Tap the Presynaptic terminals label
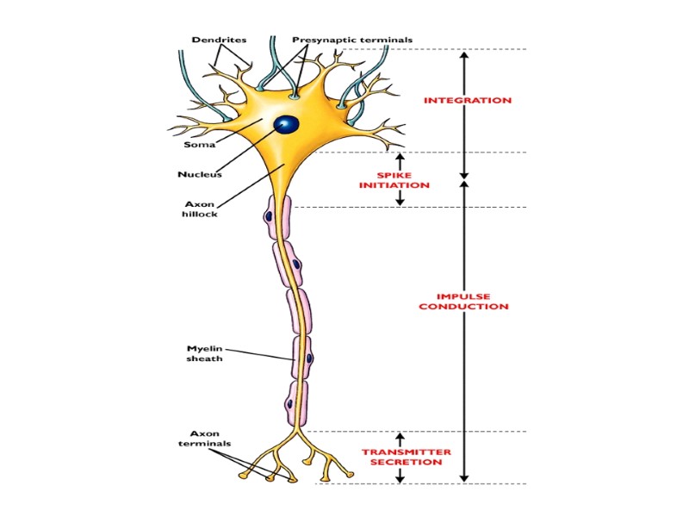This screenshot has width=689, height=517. click(351, 40)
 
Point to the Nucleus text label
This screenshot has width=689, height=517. click(200, 174)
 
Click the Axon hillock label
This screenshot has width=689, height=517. click(200, 209)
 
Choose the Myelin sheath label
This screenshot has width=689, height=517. click(205, 353)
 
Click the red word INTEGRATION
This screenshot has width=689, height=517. click(468, 101)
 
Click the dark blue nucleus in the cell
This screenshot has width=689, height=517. click(287, 125)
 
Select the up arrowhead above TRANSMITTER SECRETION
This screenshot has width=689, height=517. click(400, 437)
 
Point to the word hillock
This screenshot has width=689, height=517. click(200, 215)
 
